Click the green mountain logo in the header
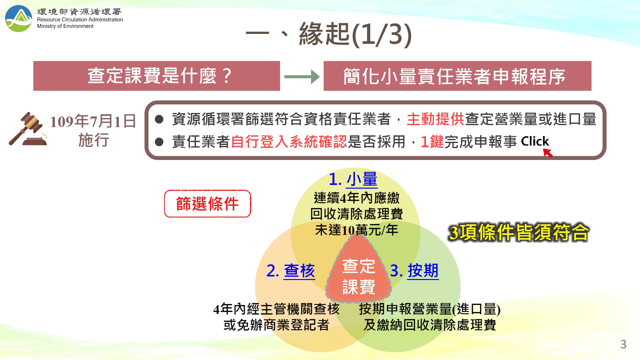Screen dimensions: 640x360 pos(19,19)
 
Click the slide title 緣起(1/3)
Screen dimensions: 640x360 pos(355,35)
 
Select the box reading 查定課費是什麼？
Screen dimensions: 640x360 pos(156,76)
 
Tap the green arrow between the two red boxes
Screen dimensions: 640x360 pos(302,77)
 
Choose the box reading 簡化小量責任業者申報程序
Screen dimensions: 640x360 pos(457,76)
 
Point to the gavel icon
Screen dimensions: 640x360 pos(28,129)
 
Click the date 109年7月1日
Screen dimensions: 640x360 pos(93,121)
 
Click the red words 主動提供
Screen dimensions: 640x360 pos(435,119)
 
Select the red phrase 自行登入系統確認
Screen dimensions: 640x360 pos(289,142)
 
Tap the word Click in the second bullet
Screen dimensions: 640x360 pos(534,141)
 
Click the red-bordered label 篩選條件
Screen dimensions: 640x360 pos(208,204)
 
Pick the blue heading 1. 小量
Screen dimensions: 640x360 pos(353,179)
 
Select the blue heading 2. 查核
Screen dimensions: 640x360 pos(291,271)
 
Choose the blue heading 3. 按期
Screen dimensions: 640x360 pos(414,271)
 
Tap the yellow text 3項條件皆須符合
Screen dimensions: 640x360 pos(518,232)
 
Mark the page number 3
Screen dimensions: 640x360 pos(623,344)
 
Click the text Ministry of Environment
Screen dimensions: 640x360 pos(65,26)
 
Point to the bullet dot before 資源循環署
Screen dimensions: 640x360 pos(159,119)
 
